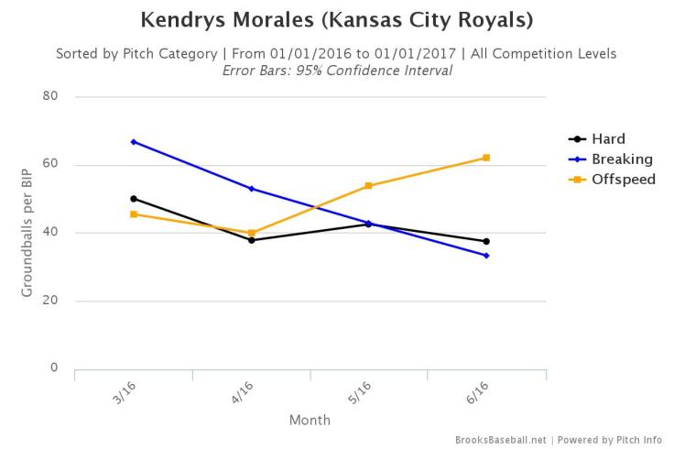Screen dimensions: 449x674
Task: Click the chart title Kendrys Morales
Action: pyautogui.click(x=337, y=19)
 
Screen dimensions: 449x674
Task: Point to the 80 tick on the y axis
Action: pyautogui.click(x=49, y=96)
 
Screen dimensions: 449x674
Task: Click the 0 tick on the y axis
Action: pyautogui.click(x=54, y=368)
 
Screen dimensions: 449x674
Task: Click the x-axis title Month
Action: pyautogui.click(x=310, y=421)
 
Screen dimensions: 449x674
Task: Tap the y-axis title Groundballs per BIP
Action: pyautogui.click(x=27, y=233)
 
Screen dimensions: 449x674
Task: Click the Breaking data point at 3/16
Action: pyautogui.click(x=134, y=142)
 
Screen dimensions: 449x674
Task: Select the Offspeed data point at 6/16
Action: pyautogui.click(x=487, y=158)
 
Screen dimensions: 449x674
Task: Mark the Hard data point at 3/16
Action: pyautogui.click(x=134, y=199)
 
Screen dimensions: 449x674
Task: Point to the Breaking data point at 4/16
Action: pyautogui.click(x=252, y=189)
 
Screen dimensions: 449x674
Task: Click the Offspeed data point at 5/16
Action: pyautogui.click(x=369, y=186)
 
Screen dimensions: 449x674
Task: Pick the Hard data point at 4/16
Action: pyautogui.click(x=252, y=240)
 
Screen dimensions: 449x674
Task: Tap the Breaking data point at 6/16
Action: pyautogui.click(x=487, y=256)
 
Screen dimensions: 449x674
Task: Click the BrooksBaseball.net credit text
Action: pyautogui.click(x=501, y=441)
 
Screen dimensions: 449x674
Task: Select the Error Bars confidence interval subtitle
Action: pyautogui.click(x=337, y=71)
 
